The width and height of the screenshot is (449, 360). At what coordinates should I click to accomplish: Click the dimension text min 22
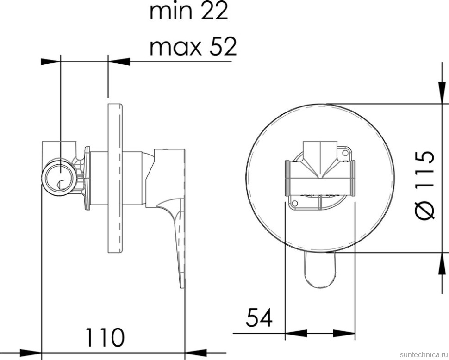[x=189, y=12]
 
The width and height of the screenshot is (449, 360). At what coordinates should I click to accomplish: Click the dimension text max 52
[x=193, y=47]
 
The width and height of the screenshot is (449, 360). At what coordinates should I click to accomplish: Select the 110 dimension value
[x=105, y=338]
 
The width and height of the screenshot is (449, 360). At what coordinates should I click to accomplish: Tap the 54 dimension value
[x=259, y=317]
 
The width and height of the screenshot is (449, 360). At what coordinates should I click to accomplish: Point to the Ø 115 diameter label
[x=425, y=186]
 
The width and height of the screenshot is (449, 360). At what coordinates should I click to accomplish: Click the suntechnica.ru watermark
[x=424, y=354]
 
